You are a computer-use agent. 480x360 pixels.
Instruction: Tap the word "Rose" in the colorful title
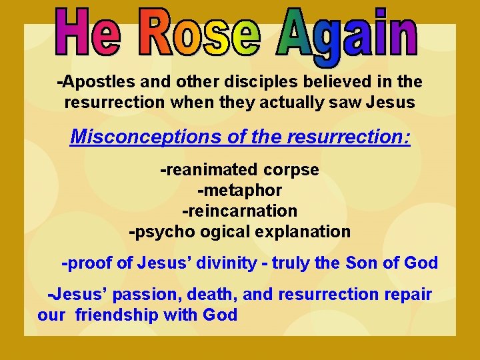(201, 34)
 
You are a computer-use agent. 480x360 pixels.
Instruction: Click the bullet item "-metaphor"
(239, 191)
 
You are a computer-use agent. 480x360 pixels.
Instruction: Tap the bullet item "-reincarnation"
(239, 211)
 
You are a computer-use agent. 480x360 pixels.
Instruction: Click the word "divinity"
(225, 263)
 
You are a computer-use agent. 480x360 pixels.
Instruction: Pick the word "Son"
(362, 263)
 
